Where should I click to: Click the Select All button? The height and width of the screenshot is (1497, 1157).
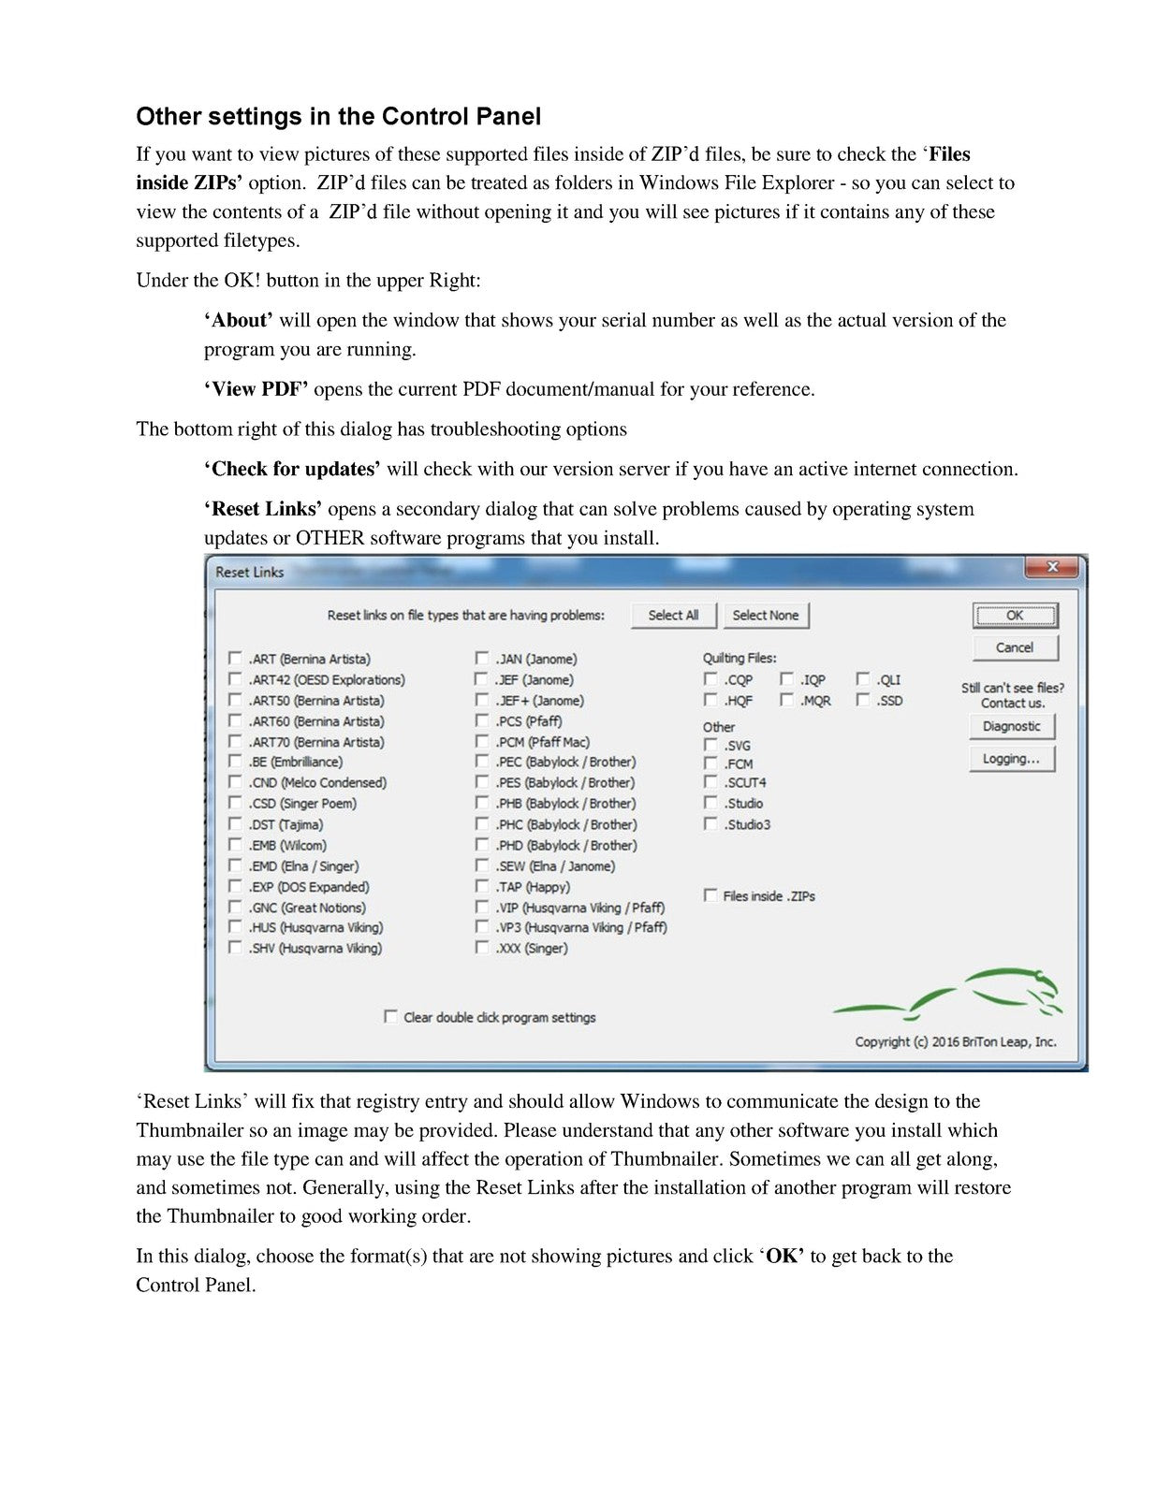click(673, 616)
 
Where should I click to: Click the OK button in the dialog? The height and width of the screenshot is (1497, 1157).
click(1015, 616)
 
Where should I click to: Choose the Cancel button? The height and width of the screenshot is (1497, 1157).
click(1015, 647)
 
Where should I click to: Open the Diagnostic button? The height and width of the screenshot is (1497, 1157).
click(1012, 726)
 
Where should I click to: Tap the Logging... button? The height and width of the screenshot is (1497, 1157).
click(1012, 759)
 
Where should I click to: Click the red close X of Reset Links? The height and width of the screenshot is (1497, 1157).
click(1052, 567)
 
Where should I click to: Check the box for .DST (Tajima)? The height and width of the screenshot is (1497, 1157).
click(235, 824)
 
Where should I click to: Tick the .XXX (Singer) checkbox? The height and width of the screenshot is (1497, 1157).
click(481, 948)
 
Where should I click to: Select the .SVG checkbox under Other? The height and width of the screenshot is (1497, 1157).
click(710, 745)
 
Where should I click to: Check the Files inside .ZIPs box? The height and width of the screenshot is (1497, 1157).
click(710, 895)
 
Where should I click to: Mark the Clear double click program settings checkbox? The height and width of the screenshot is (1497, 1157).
click(390, 1016)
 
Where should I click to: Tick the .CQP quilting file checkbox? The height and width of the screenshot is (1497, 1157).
click(710, 679)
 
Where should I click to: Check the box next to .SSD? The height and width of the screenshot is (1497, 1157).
click(863, 700)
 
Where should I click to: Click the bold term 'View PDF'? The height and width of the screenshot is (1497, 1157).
click(256, 389)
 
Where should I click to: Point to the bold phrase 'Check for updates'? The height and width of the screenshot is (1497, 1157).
click(292, 469)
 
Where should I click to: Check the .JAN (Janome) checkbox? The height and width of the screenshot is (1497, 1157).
click(481, 659)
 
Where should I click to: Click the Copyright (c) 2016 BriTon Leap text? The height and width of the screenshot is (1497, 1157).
click(955, 1041)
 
